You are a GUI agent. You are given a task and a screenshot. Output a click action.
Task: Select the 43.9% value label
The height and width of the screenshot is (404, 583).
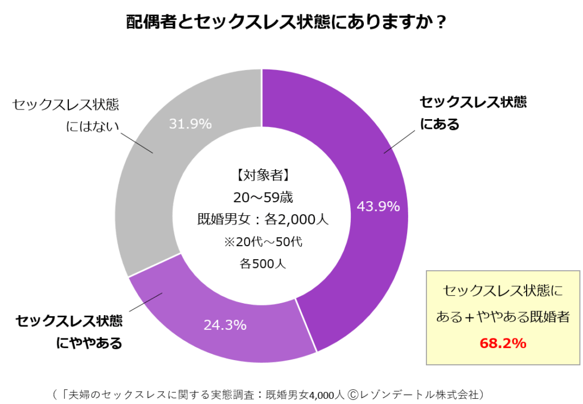tap(378, 206)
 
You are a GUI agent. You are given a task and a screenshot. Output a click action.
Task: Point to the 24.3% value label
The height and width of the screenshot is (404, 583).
tap(225, 325)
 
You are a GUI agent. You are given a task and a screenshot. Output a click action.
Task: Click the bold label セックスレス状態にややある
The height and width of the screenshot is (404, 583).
tap(69, 332)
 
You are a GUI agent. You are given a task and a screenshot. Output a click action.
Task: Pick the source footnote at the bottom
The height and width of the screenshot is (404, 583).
tap(268, 393)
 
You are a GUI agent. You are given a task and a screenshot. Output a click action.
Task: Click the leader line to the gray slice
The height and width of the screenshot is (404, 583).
tap(137, 143)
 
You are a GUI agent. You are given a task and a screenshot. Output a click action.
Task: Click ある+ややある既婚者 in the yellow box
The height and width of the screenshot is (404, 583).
tap(503, 317)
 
